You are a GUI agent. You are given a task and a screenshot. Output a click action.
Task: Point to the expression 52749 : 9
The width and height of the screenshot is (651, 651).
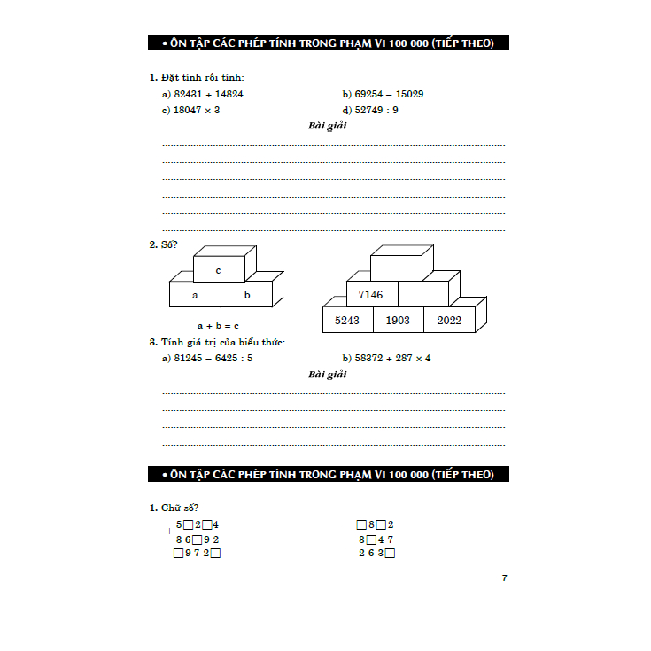coord(376,110)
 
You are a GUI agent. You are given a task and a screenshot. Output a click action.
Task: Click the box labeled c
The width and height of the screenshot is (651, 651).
coord(218,269)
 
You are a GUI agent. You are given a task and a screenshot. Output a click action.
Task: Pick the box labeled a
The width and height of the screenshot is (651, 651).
coord(195,295)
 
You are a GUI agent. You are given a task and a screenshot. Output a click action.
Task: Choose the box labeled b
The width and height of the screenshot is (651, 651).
coord(247,295)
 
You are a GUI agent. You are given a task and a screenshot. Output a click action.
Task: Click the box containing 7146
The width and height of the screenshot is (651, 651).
coord(371,294)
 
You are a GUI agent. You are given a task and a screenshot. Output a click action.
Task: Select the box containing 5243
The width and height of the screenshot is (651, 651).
coord(347,320)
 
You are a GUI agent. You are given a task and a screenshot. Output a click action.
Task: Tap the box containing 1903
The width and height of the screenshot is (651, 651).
coord(398,320)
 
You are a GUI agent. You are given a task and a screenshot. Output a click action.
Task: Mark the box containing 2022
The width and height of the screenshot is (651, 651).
coord(449,320)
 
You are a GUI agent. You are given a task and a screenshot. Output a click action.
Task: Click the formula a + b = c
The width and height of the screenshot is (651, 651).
coord(218,325)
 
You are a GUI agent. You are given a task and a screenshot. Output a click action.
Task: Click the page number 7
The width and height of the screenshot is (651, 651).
coord(504,577)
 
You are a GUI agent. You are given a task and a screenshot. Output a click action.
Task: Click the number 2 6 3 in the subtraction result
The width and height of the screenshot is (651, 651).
coord(372,554)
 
